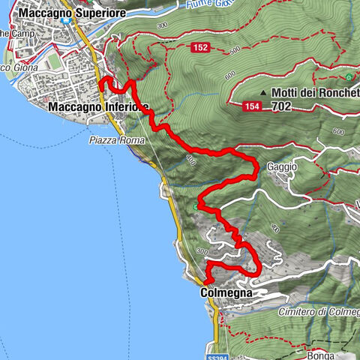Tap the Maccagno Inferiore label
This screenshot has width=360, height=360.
coord(97,107)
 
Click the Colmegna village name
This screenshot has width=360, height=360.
coord(226,292)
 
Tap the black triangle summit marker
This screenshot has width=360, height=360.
coord(264,93)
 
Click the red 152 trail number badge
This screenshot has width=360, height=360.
coord(199,48)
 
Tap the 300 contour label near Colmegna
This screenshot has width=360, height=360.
coord(200,251)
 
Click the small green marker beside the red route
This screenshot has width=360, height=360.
coord(196,206)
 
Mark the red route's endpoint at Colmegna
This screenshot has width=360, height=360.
coord(205,280)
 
